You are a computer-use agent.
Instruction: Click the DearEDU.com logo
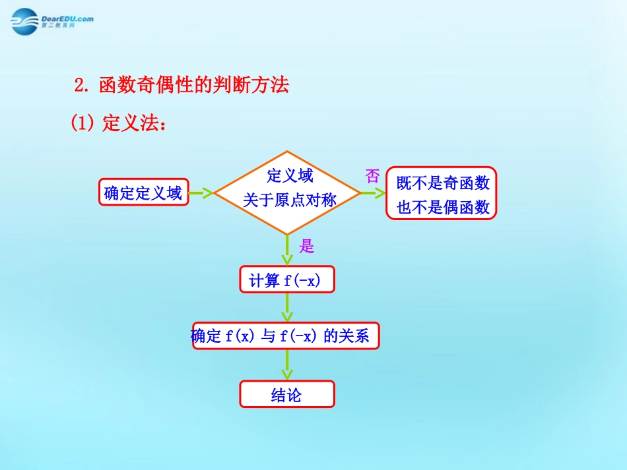point(52,21)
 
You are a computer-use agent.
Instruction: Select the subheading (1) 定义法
point(118,124)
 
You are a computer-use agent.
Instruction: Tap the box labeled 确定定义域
point(143,193)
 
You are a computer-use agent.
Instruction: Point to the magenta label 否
point(373,176)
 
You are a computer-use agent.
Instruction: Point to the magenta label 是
point(307,247)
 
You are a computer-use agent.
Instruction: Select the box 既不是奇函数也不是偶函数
point(442,193)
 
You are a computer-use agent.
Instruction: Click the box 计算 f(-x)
point(287,280)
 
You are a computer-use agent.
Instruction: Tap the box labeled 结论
point(287,394)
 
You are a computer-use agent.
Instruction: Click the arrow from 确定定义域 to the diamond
point(201,193)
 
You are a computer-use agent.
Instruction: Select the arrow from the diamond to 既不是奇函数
point(374,193)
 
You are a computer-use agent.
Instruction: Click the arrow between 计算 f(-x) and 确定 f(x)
point(287,307)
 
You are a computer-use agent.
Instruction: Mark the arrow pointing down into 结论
point(287,365)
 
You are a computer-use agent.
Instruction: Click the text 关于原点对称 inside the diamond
point(289,200)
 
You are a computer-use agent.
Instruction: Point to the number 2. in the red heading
point(82,86)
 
